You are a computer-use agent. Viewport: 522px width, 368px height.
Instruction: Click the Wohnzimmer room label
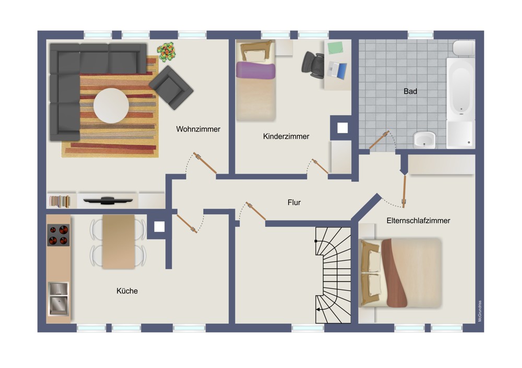(x=198, y=129)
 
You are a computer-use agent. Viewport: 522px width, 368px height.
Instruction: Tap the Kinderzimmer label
(x=286, y=136)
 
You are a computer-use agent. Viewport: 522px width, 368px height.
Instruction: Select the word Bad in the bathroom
(x=410, y=91)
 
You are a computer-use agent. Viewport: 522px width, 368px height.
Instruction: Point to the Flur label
(x=294, y=202)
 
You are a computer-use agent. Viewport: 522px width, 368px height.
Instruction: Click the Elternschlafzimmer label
(x=418, y=220)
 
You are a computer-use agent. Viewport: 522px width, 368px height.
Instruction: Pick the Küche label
(x=127, y=291)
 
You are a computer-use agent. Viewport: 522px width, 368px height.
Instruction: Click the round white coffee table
(x=111, y=105)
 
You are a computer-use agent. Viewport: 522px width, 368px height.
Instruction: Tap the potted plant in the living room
(x=167, y=52)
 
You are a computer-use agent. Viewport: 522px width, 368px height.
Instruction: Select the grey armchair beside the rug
(x=171, y=88)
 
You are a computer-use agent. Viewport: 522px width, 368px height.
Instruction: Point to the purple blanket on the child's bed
(x=256, y=70)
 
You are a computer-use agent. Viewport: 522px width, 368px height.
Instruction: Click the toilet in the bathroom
(x=464, y=48)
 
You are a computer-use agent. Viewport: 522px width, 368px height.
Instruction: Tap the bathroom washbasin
(x=424, y=139)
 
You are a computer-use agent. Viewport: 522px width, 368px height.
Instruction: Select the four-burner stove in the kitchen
(x=58, y=235)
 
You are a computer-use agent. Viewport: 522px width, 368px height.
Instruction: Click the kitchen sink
(x=58, y=299)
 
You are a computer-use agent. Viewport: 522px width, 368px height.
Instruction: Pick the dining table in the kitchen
(x=118, y=242)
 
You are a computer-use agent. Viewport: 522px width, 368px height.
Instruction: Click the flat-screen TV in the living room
(x=108, y=200)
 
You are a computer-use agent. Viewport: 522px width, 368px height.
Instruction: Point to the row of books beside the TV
(x=60, y=201)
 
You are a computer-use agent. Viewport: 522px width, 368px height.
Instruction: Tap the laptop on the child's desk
(x=337, y=70)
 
